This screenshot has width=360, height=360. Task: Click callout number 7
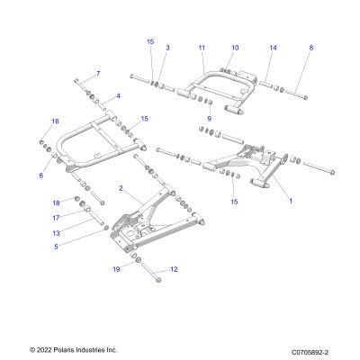(x=98, y=74)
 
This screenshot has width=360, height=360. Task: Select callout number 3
(x=167, y=48)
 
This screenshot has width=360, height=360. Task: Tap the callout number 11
(x=202, y=48)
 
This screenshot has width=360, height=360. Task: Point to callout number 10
(x=235, y=48)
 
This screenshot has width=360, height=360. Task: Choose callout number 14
(x=273, y=48)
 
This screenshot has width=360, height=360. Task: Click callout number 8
(x=311, y=48)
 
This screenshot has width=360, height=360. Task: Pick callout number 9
(x=210, y=119)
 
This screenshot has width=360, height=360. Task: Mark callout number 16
(x=55, y=121)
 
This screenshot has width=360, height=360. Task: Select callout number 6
(x=41, y=175)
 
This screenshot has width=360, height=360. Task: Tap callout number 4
(x=118, y=96)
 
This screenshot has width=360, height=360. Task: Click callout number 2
(x=121, y=188)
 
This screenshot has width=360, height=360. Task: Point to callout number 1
(x=291, y=201)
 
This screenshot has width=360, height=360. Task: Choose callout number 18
(x=57, y=203)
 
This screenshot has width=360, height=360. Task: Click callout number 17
(x=56, y=218)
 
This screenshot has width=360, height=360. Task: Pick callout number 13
(x=56, y=233)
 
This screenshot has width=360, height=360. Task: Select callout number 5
(x=56, y=247)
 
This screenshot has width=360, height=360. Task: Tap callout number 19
(x=116, y=269)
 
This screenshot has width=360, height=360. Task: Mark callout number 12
(x=174, y=269)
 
